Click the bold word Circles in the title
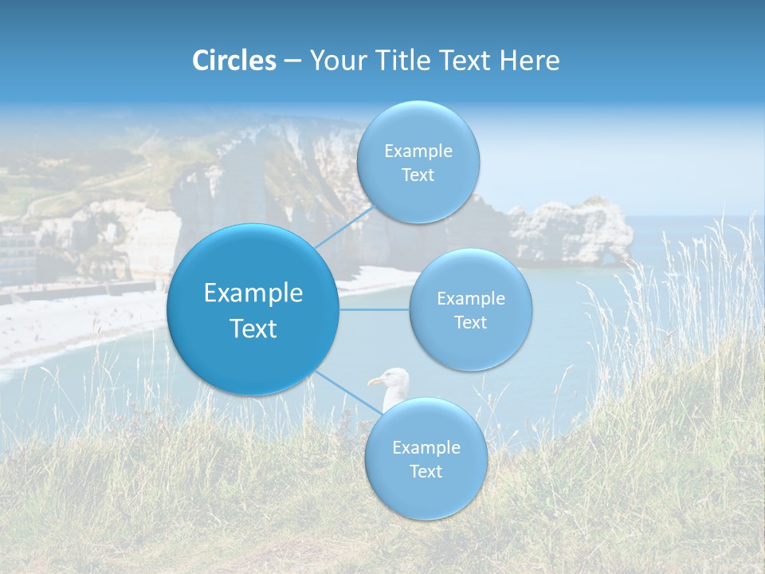click(233, 61)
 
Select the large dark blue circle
click(253, 309)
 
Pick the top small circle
click(418, 162)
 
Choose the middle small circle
click(470, 309)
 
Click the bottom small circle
click(426, 459)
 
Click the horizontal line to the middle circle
click(375, 309)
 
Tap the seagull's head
click(393, 382)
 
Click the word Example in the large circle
click(253, 293)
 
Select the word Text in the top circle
click(418, 175)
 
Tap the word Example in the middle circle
click(470, 299)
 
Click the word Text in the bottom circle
click(426, 472)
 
